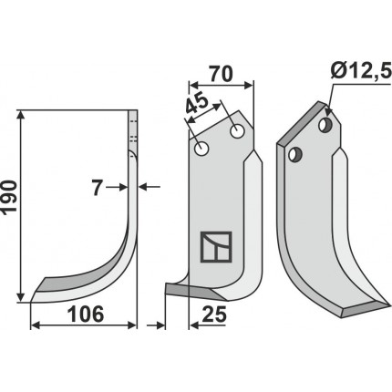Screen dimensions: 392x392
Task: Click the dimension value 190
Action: [x=8, y=198]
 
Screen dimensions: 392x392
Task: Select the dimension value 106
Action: [x=86, y=315]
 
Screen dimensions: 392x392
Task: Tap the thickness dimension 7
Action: [x=97, y=188]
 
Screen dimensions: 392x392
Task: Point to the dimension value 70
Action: [x=221, y=74]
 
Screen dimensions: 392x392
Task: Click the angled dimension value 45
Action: [x=198, y=104]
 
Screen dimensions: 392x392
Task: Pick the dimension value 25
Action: [x=214, y=315]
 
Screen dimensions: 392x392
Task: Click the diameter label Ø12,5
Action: [x=361, y=72]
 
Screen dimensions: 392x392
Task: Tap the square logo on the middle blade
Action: [x=216, y=247]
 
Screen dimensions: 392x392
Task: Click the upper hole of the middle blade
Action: [x=237, y=131]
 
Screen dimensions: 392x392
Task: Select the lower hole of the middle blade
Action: [x=201, y=149]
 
